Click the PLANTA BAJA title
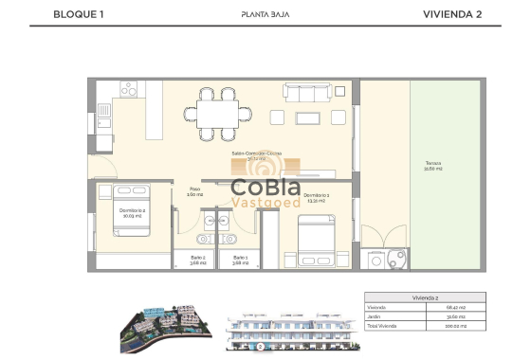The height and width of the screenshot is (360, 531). (x=265, y=14)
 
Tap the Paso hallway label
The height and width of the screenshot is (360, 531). (x=194, y=190)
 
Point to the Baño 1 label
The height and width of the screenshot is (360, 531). (x=240, y=260)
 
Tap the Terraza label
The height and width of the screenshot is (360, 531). (x=433, y=166)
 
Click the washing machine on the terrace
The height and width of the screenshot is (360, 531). (x=379, y=259)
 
